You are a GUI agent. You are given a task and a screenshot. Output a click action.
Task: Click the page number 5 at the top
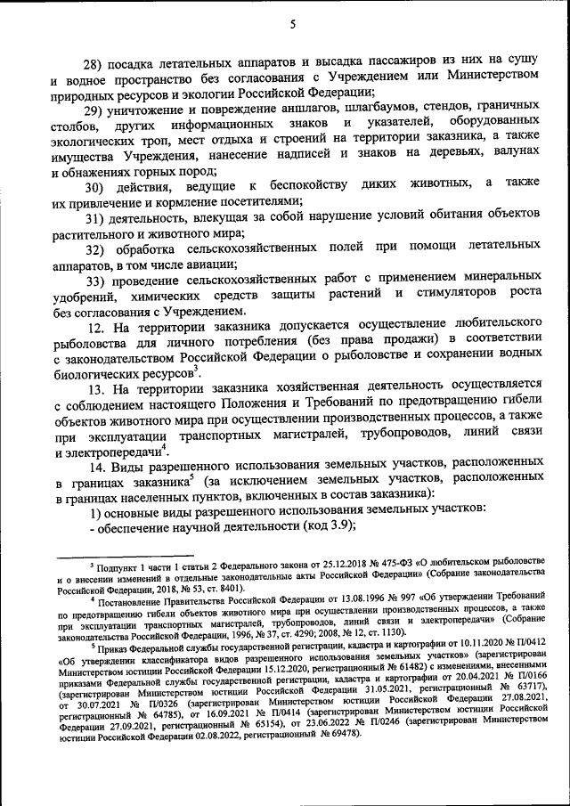click(291, 24)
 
